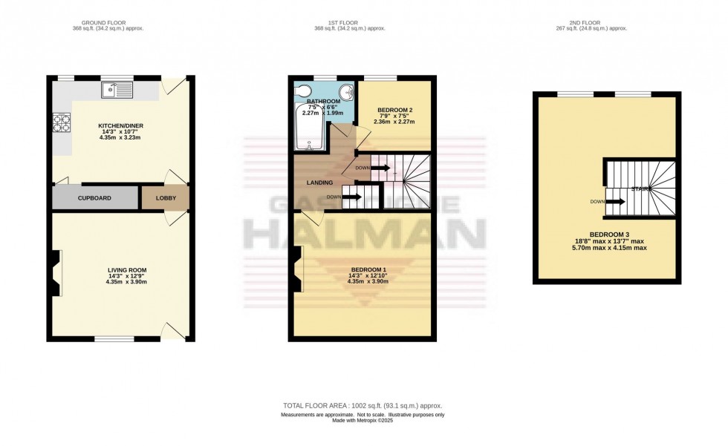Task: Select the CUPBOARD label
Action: click(x=94, y=198)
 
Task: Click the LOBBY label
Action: click(x=165, y=198)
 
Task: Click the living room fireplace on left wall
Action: click(x=56, y=269)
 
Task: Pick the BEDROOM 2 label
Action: click(x=394, y=110)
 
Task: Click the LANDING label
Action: click(x=320, y=182)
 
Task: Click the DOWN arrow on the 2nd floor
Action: click(x=616, y=200)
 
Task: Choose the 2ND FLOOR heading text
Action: click(x=607, y=22)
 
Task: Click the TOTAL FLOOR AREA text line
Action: click(x=363, y=406)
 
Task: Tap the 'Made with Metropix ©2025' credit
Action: click(x=363, y=422)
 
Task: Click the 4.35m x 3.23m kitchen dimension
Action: click(x=122, y=137)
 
